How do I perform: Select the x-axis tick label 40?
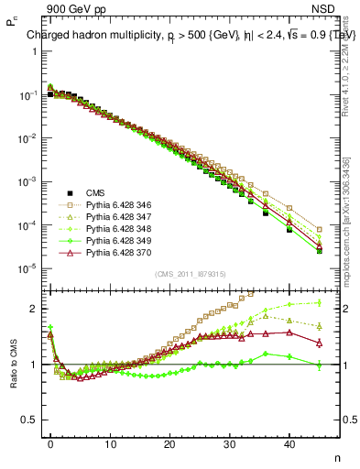[289, 444]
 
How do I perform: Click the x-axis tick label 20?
[169, 444]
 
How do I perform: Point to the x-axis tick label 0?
[50, 444]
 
